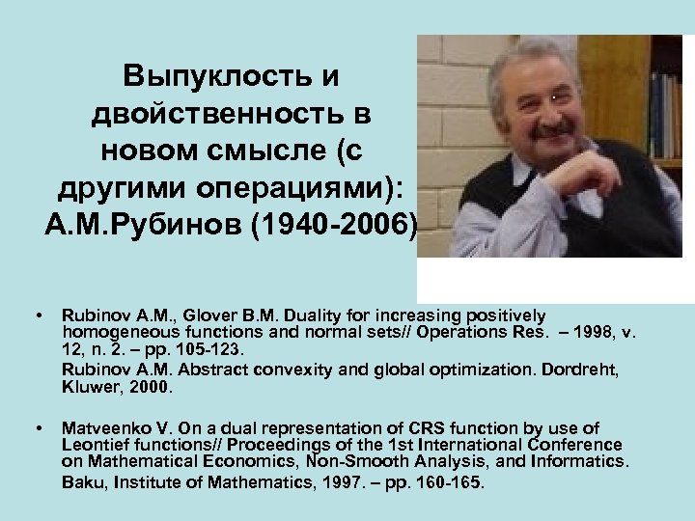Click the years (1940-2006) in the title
coord(338,228)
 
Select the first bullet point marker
coord(38,316)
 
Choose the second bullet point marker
coord(38,427)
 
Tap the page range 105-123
coord(199,351)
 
